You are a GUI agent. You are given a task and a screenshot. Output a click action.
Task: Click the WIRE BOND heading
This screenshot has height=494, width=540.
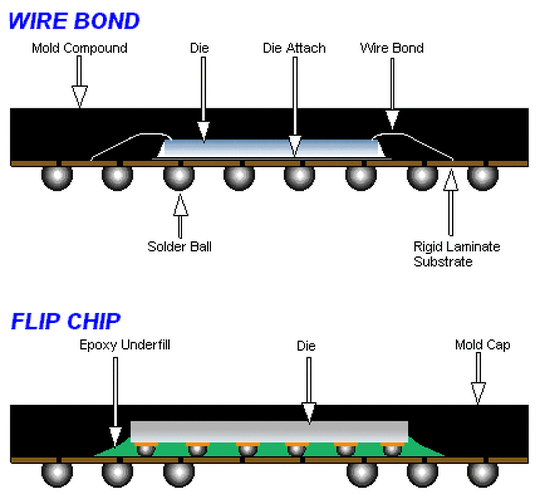coord(74,21)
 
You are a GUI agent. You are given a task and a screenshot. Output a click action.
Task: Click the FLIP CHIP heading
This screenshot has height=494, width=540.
coord(66,321)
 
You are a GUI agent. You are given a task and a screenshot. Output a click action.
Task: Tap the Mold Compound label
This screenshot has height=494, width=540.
coord(80,48)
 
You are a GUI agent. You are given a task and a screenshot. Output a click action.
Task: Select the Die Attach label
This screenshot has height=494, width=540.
coord(294,48)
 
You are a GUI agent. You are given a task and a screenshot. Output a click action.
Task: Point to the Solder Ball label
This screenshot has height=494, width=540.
coord(179,247)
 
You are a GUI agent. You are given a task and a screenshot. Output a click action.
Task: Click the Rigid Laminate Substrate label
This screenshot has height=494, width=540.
coord(457,254)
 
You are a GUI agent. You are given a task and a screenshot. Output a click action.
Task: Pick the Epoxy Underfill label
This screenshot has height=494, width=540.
coord(125,345)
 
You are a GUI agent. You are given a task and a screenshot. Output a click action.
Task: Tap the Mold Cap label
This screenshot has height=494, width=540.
coord(483,345)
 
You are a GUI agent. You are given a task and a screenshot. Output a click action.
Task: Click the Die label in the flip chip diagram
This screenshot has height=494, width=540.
coord(306,346)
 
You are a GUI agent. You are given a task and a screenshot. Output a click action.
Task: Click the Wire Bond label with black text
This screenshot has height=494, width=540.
coord(392,48)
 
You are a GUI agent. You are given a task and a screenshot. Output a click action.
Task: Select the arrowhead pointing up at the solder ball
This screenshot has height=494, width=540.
coord(180,205)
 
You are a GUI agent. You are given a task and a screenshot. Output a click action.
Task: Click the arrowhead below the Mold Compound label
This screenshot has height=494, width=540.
coord(80,96)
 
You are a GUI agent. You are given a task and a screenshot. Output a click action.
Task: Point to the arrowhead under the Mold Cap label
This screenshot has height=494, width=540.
coord(478,393)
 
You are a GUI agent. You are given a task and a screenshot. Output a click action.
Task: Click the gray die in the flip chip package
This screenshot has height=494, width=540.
coord(270,432)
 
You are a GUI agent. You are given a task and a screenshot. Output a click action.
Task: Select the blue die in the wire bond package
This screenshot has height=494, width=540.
coord(271,148)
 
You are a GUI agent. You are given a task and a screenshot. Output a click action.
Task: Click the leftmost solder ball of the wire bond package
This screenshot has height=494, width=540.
coord(57,178)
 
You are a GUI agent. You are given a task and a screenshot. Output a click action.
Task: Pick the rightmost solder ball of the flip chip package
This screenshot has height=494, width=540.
coord(483,474)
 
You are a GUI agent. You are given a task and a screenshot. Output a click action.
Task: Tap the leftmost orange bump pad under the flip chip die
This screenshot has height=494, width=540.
coord(146,444)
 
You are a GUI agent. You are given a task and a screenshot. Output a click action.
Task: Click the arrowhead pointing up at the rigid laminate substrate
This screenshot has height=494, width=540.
coord(451,179)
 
